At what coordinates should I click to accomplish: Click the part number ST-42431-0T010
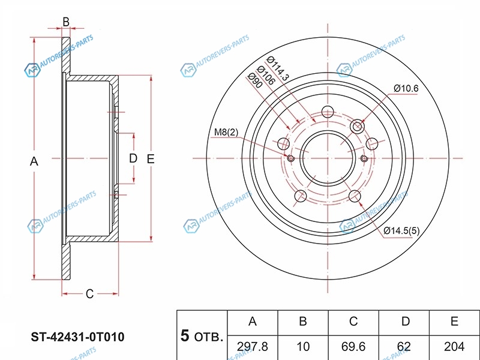77,337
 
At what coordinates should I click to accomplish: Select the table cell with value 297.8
253,347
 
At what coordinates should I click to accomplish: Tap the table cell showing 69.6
353,347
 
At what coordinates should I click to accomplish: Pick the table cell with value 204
454,347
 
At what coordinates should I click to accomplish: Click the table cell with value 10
303,347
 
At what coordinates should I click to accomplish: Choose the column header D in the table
404,323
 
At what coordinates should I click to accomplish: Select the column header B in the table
303,323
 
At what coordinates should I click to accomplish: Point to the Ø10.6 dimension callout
406,88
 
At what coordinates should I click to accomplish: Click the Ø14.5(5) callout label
401,230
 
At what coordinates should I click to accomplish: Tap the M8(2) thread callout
226,132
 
